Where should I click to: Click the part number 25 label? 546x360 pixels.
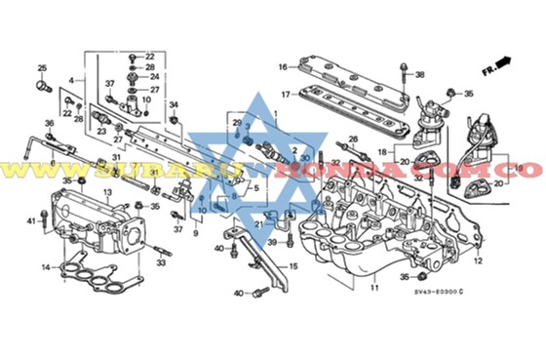click(x=42, y=67)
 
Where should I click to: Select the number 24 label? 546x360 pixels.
click(x=150, y=76)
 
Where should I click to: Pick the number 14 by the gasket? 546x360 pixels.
click(x=45, y=266)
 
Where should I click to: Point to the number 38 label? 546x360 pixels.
click(x=420, y=75)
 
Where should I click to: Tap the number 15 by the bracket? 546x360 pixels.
click(x=293, y=266)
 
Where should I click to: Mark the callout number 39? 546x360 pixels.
click(x=273, y=242)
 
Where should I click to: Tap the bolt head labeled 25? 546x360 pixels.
click(x=42, y=86)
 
